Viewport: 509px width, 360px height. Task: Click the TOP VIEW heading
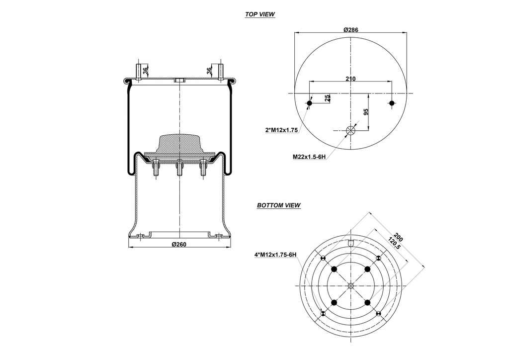click(x=259, y=14)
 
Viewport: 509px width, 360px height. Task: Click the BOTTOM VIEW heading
click(x=279, y=205)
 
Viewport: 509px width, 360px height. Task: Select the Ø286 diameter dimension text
click(x=351, y=30)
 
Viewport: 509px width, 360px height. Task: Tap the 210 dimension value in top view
click(x=350, y=79)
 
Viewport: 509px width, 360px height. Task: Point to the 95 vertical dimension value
click(x=366, y=112)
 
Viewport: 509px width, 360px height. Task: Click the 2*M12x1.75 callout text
click(x=281, y=130)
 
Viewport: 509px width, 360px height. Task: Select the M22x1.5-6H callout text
click(x=309, y=157)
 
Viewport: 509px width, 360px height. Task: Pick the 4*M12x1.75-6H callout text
click(x=275, y=255)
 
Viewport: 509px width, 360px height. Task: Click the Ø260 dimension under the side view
click(x=179, y=245)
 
